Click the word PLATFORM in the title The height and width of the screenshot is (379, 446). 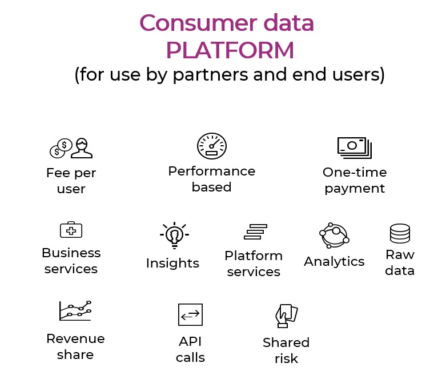pos(230,50)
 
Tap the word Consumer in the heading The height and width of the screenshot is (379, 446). pos(197,23)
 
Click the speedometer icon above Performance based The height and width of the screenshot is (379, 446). pos(212,146)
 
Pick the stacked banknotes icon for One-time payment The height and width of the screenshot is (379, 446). pos(355,147)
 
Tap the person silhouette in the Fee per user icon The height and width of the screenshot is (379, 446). pos(82,148)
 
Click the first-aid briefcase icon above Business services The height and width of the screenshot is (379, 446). pos(71,229)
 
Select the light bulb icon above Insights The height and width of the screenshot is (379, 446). pos(174,235)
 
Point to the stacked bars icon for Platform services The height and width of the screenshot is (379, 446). pos(255,232)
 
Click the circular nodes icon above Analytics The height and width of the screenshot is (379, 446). pos(334,236)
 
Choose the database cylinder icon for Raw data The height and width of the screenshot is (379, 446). pos(400,233)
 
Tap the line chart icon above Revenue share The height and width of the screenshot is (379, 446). pos(75,310)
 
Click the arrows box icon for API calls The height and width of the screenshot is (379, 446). pos(190,314)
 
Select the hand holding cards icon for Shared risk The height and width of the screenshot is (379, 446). pos(286,316)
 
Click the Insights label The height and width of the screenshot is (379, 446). pos(172,263)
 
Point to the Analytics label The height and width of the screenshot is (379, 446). pos(334,262)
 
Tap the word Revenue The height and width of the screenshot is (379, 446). pos(75,338)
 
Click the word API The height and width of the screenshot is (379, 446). pos(190,341)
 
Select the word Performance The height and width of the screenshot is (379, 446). pos(212,171)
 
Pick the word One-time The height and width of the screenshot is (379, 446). pos(355,172)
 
